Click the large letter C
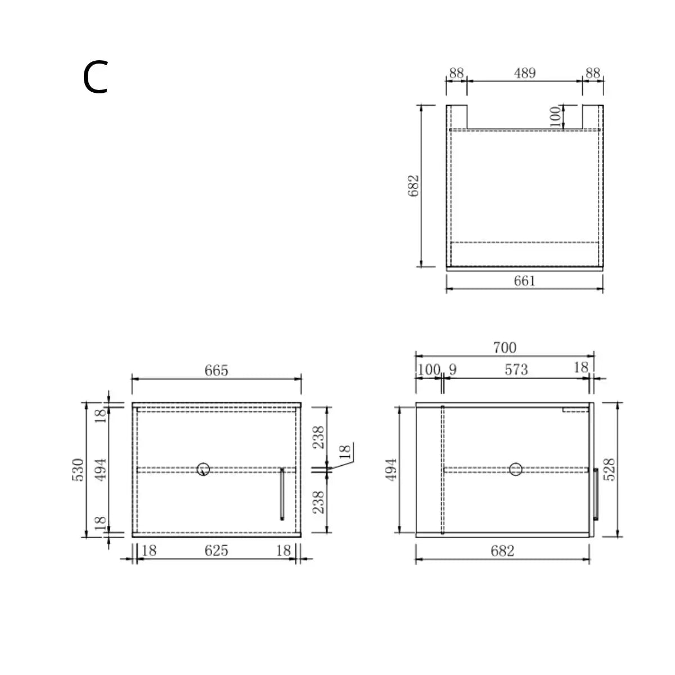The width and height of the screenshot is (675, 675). [x=95, y=78]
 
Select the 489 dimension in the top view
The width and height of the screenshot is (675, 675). [x=524, y=73]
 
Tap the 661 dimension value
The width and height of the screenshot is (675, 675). [x=524, y=281]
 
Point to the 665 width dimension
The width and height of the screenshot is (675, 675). [x=217, y=370]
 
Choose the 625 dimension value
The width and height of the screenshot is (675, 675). [x=216, y=550]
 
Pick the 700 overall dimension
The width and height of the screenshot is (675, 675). [x=505, y=348]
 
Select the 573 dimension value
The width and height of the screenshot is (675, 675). [x=516, y=370]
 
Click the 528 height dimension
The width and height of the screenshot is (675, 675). [x=610, y=469]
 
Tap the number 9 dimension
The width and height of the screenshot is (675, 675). [x=453, y=370]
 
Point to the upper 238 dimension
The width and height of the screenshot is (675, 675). [x=318, y=437]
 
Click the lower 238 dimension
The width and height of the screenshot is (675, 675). [x=318, y=502]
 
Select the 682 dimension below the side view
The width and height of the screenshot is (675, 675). [x=502, y=551]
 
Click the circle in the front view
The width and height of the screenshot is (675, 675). [x=203, y=469]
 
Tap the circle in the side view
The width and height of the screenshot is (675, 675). [x=515, y=469]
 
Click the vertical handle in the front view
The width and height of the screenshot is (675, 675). [x=282, y=494]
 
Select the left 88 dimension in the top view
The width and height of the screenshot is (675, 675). [x=456, y=73]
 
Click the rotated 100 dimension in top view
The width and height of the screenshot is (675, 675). [x=555, y=115]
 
